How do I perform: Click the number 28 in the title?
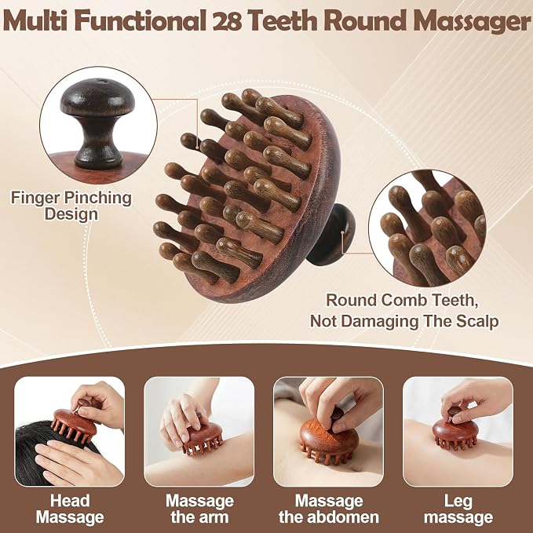[x=227, y=21]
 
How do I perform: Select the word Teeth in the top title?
[x=283, y=21]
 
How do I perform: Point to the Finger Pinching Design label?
[x=71, y=206]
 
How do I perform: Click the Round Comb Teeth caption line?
[x=402, y=301]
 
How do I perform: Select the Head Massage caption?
[x=70, y=509]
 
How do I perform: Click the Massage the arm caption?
[x=199, y=509]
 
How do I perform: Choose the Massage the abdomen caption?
[x=329, y=509]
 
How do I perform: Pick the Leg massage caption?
[x=458, y=509]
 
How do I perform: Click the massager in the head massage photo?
[x=74, y=422]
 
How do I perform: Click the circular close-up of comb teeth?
[x=427, y=228]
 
